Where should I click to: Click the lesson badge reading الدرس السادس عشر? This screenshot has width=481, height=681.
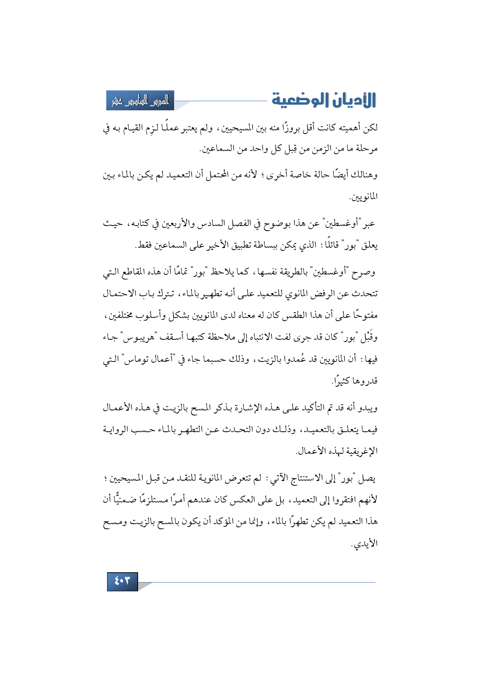coord(140,101)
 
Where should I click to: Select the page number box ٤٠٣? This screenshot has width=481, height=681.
coord(122,581)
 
